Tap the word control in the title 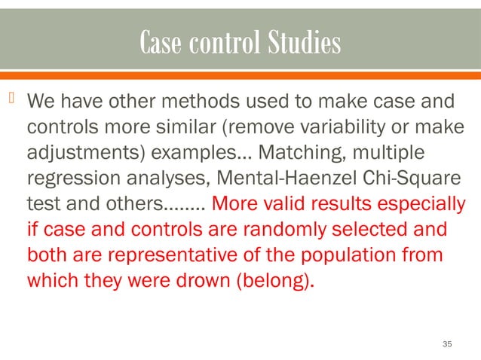(220, 44)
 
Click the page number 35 (447, 343)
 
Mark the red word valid (296, 204)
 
